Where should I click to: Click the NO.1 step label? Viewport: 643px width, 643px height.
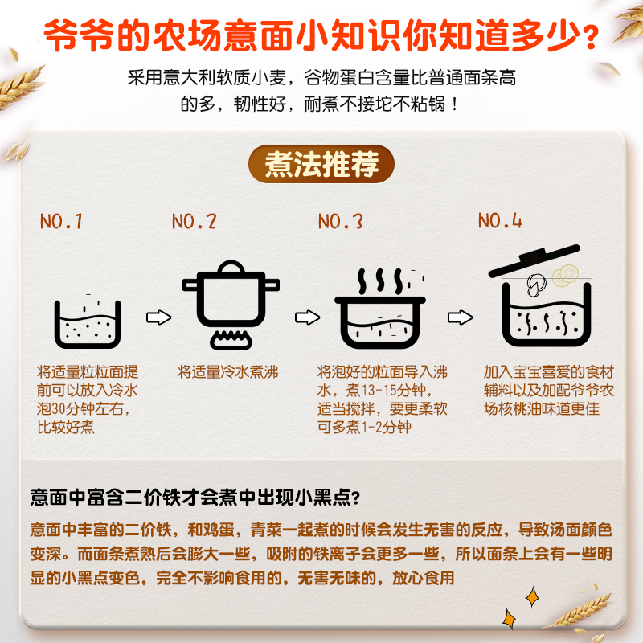61,221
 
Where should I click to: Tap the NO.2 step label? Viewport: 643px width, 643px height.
195,221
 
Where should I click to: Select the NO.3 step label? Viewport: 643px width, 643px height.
341,221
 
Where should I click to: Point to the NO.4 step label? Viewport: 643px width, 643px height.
501,220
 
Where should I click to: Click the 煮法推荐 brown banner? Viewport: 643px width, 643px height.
321,165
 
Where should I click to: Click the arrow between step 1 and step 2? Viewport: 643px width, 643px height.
158,317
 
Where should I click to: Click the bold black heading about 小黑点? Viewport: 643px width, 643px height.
195,496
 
